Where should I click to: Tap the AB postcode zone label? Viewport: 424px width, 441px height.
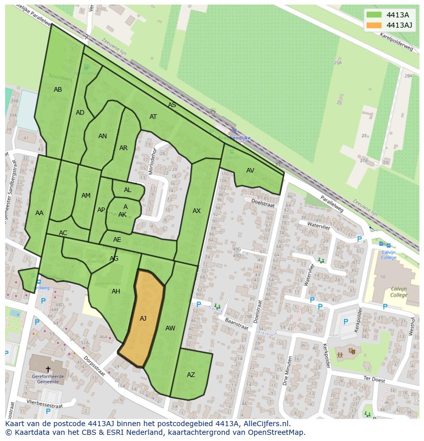coord(58,90)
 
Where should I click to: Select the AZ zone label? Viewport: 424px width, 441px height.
coord(191,375)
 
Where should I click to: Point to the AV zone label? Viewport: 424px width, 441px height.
coord(250,171)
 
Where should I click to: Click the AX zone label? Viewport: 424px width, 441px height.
coord(197,211)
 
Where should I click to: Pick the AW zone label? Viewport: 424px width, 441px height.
coord(171,328)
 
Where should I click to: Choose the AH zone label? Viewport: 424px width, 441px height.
coord(116,291)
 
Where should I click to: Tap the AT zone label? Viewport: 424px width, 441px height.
coord(153,117)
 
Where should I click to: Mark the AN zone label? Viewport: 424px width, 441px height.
coord(102,136)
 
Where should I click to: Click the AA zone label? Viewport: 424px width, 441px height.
coord(39,213)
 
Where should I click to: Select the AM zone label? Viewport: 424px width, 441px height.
coord(86,196)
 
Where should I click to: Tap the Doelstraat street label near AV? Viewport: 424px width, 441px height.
coord(263,203)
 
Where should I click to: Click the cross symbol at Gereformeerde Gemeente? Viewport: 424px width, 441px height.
coord(48,369)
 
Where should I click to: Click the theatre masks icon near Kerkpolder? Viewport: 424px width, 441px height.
coord(352,351)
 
